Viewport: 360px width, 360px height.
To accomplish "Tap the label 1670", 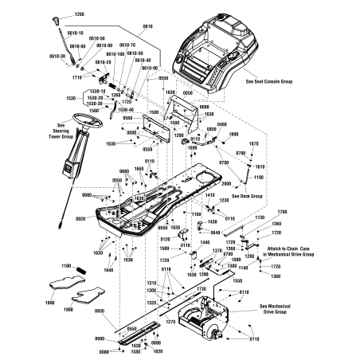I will pyautogui.click(x=254, y=143).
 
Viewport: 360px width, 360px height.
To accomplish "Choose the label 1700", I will pyautogui.click(x=280, y=211).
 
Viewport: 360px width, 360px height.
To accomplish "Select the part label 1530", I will pyautogui.click(x=72, y=97).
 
